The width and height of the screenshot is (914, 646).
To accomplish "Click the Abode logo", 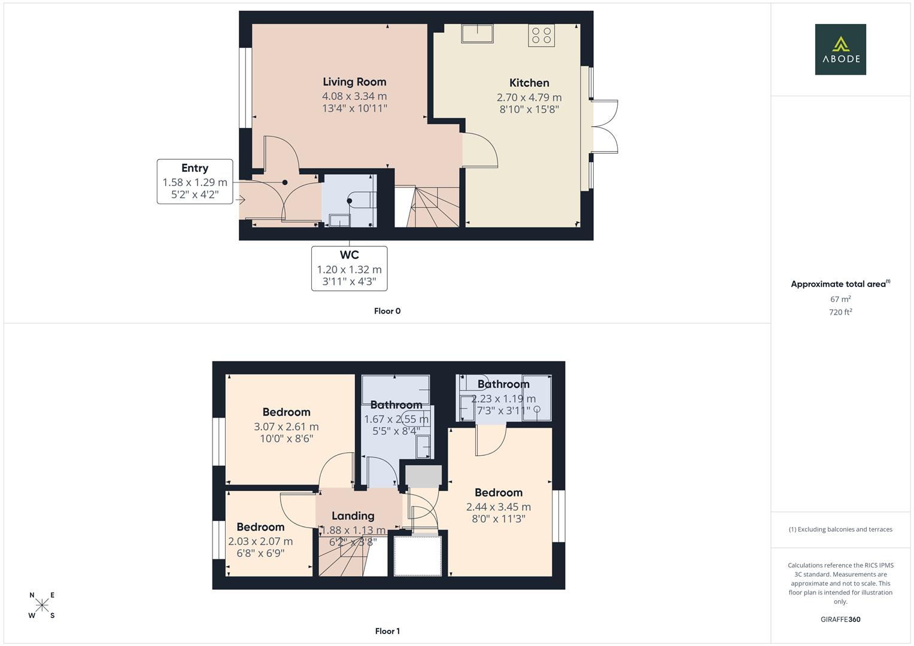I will [840, 49].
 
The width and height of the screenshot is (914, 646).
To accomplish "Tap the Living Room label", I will [354, 82].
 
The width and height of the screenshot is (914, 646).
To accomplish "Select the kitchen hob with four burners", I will [541, 35].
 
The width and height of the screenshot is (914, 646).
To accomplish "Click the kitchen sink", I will [477, 33].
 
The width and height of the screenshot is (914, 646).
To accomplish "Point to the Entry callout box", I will [195, 181].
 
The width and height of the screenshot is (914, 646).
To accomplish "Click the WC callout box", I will [349, 269].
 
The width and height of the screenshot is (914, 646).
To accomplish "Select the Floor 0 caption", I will [387, 311].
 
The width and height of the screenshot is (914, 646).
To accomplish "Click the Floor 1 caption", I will [387, 631].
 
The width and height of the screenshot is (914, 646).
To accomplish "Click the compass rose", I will [42, 605].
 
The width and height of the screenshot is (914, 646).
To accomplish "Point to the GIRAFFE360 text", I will [840, 620].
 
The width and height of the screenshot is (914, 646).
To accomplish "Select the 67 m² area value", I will [840, 299].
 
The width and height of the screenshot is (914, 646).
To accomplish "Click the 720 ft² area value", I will [840, 312].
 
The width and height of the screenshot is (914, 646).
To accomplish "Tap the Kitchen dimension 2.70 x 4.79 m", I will [529, 97].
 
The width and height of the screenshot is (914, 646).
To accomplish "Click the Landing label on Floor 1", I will [353, 516].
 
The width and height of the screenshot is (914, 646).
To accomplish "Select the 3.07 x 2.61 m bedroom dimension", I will [286, 426].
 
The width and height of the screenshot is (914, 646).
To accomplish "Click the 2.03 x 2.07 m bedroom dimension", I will [260, 541].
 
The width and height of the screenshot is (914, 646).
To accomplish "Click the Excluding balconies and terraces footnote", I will [840, 529].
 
